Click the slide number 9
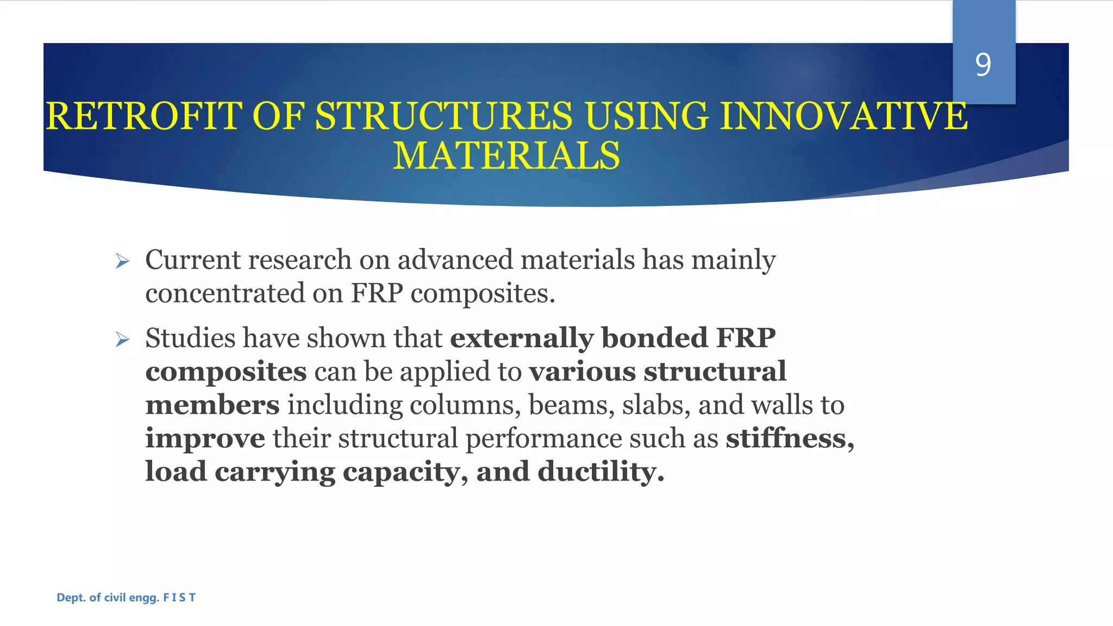(x=983, y=65)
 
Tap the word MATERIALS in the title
(x=506, y=156)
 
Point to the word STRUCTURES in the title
(x=443, y=116)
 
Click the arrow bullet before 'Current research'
(x=122, y=262)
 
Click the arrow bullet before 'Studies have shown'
(x=122, y=340)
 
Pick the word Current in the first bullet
(x=192, y=260)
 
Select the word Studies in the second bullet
(x=190, y=338)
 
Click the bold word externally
(x=522, y=338)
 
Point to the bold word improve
(x=205, y=439)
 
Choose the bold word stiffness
(x=789, y=438)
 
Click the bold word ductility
(x=601, y=471)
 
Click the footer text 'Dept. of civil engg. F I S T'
(x=126, y=598)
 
